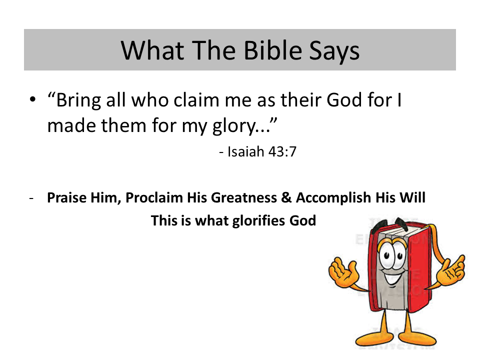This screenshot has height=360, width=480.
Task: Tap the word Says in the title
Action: click(x=334, y=51)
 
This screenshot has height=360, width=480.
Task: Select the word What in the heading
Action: click(x=152, y=50)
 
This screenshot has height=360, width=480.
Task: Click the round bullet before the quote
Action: click(x=33, y=99)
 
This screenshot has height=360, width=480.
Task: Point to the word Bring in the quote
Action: click(x=78, y=101)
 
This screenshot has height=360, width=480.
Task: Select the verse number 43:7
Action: click(x=282, y=151)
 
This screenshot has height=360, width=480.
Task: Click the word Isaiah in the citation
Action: click(x=245, y=151)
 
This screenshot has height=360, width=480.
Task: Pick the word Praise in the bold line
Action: click(x=66, y=197)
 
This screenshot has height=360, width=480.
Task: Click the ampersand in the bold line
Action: click(x=286, y=197)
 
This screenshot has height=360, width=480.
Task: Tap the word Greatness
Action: click(x=244, y=197)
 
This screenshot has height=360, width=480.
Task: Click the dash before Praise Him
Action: click(x=31, y=198)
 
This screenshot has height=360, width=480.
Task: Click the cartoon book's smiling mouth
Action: click(x=393, y=277)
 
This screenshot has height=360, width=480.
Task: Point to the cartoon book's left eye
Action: click(x=386, y=255)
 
